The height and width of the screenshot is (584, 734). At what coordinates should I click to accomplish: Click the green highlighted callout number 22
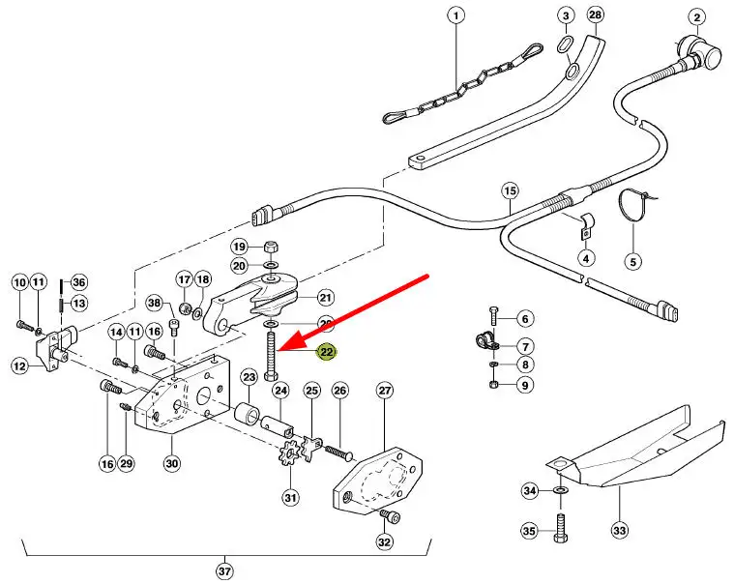pyautogui.click(x=327, y=352)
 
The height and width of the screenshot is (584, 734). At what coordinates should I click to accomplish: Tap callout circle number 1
pyautogui.click(x=455, y=15)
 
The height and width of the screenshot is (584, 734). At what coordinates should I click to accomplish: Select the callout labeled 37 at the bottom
pyautogui.click(x=224, y=571)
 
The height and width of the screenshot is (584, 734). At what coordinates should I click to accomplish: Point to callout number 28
pyautogui.click(x=596, y=15)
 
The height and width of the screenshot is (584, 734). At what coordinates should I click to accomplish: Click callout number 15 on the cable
pyautogui.click(x=511, y=190)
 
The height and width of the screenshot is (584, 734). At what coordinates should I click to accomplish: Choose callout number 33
pyautogui.click(x=619, y=530)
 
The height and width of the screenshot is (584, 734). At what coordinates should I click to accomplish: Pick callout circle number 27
pyautogui.click(x=385, y=391)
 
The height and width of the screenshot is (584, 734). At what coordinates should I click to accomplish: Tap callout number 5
pyautogui.click(x=632, y=261)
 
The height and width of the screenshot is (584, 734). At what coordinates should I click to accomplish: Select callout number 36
pyautogui.click(x=79, y=282)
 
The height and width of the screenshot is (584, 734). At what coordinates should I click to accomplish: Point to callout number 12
pyautogui.click(x=19, y=365)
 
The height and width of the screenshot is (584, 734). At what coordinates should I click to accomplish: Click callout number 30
pyautogui.click(x=171, y=463)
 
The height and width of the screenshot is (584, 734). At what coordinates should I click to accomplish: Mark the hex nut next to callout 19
pyautogui.click(x=270, y=246)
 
